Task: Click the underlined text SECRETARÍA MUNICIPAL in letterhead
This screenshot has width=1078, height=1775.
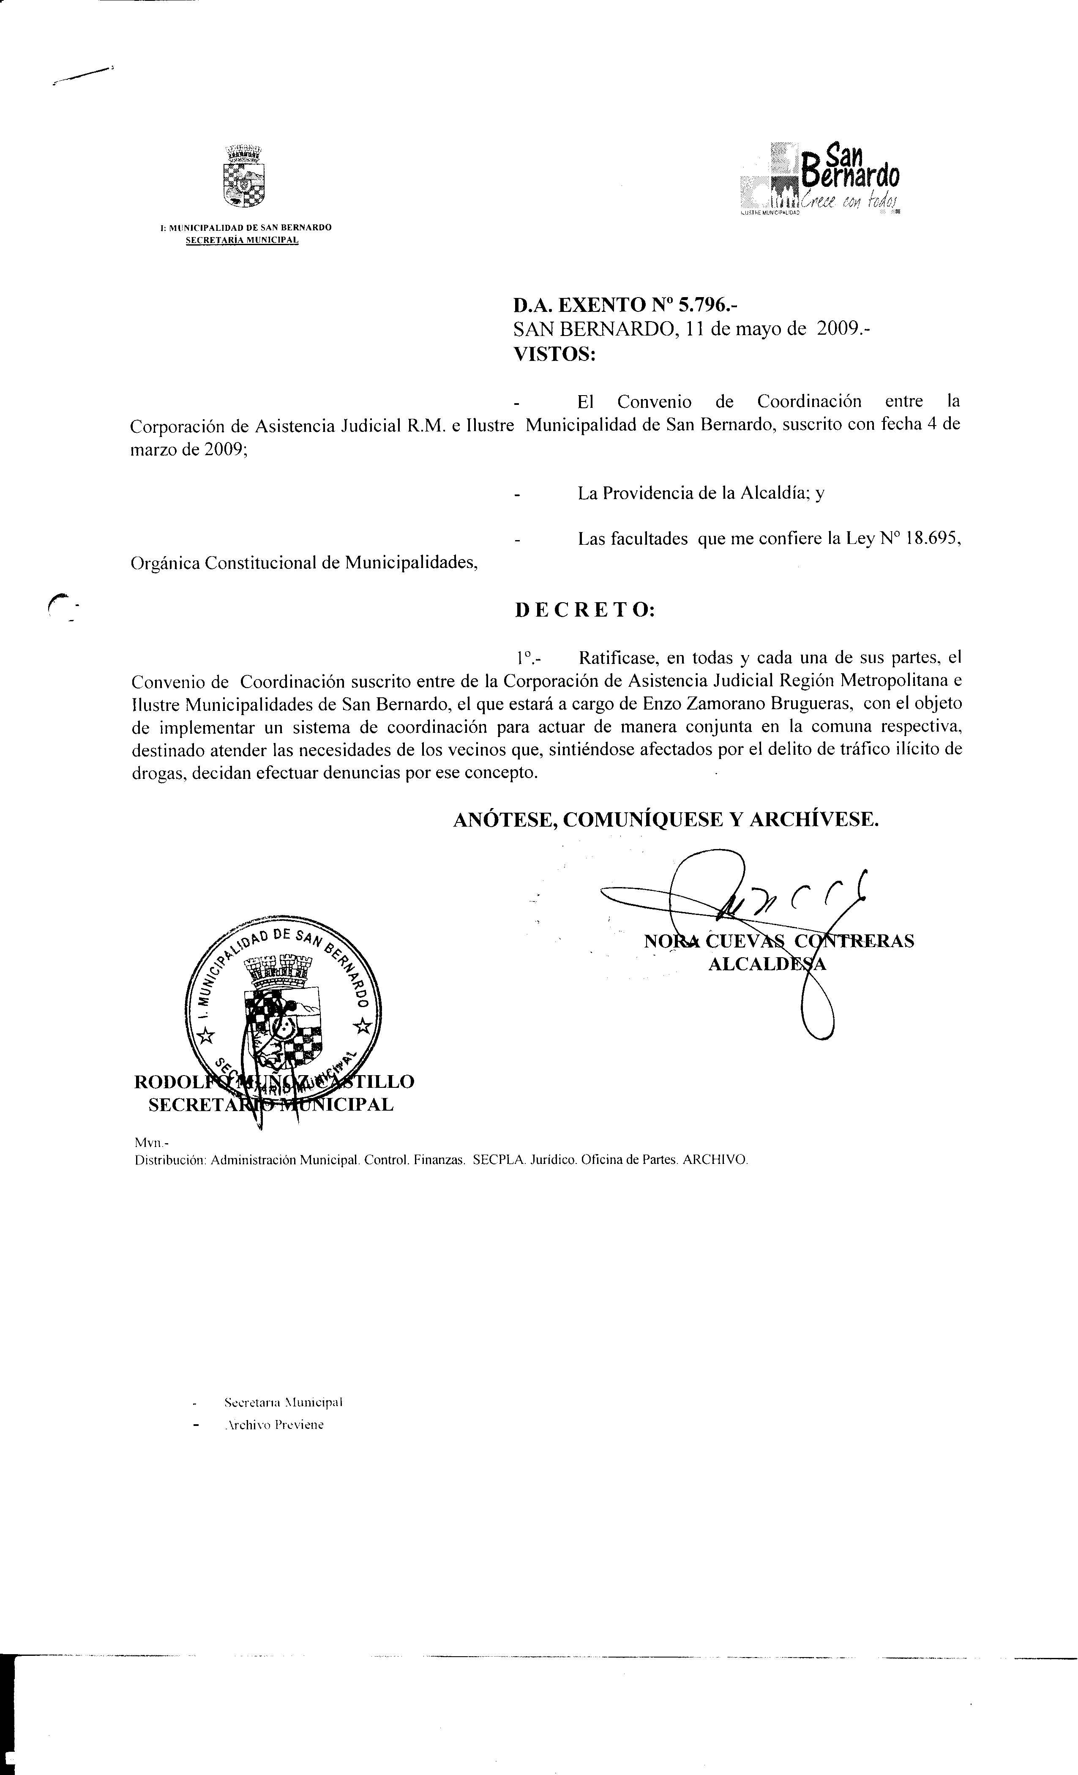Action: coord(242,240)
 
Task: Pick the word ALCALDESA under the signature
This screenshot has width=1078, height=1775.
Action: coord(767,964)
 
